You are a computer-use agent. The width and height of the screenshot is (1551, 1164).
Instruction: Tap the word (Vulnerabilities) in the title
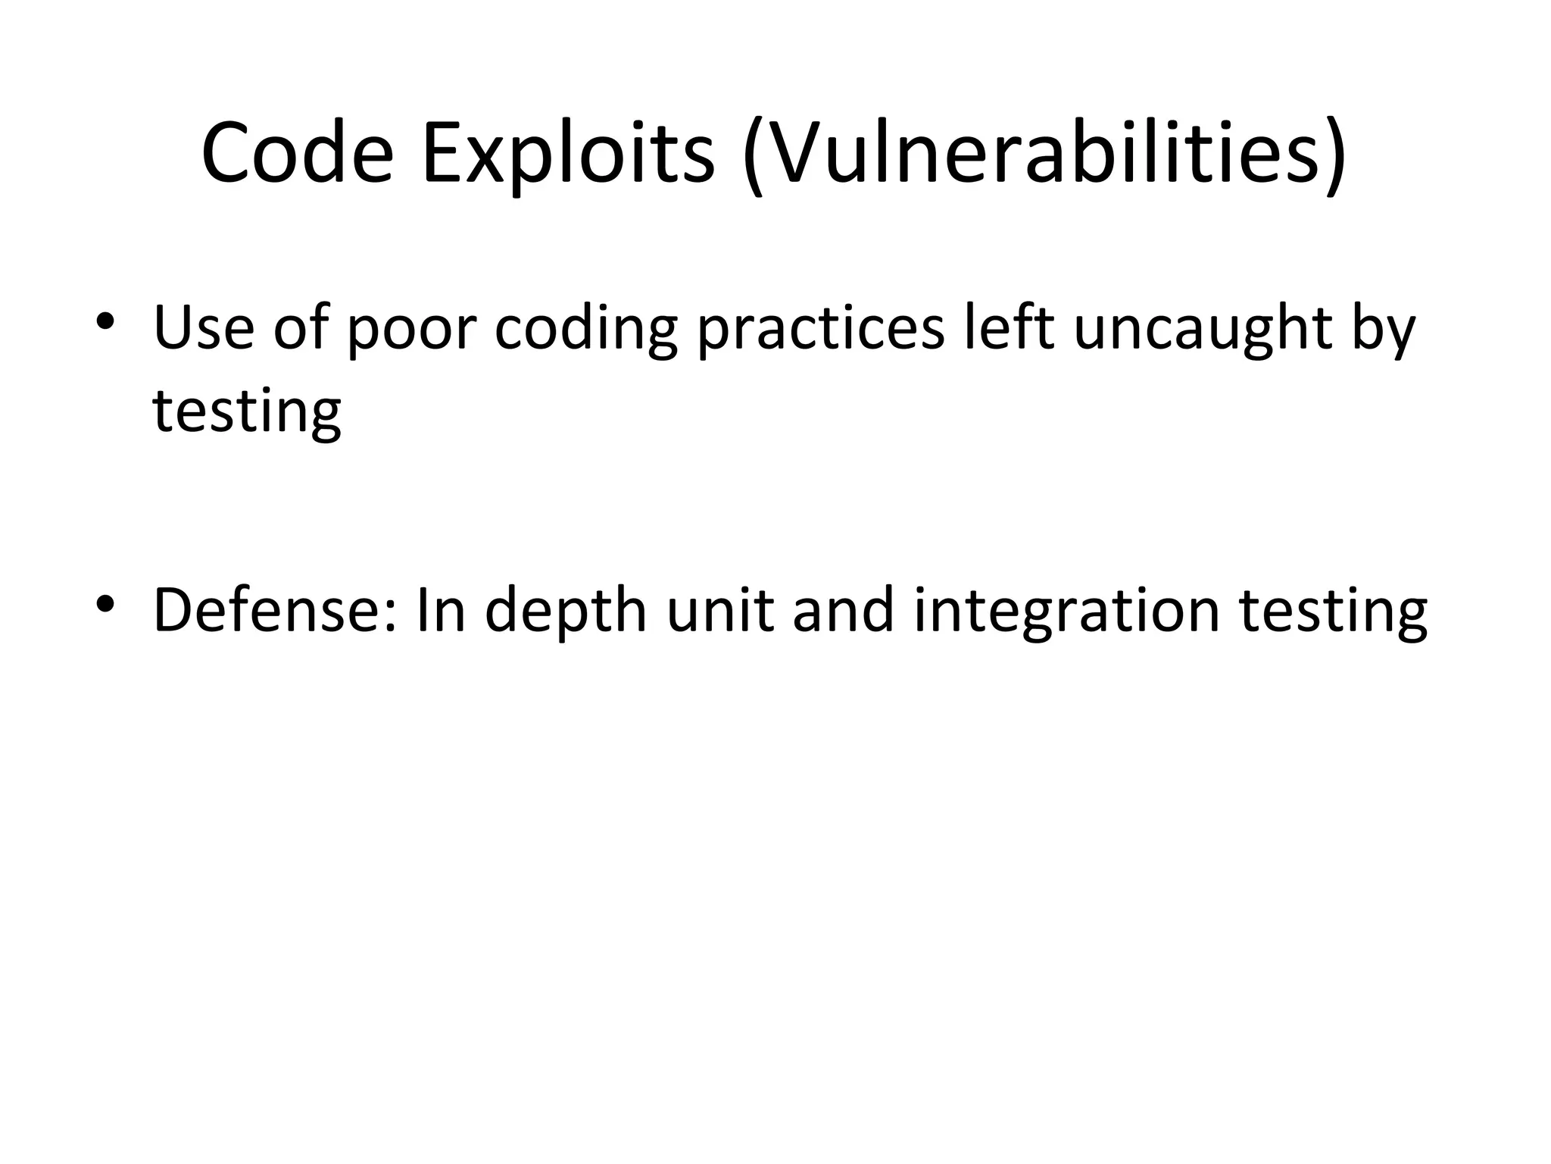click(1044, 155)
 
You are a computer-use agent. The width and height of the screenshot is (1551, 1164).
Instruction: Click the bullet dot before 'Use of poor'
click(105, 321)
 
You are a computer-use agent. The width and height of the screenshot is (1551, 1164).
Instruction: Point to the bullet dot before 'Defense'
click(105, 603)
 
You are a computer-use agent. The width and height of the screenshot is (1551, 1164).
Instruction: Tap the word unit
click(720, 610)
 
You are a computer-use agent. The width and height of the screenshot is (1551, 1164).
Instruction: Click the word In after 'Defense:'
click(441, 610)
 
